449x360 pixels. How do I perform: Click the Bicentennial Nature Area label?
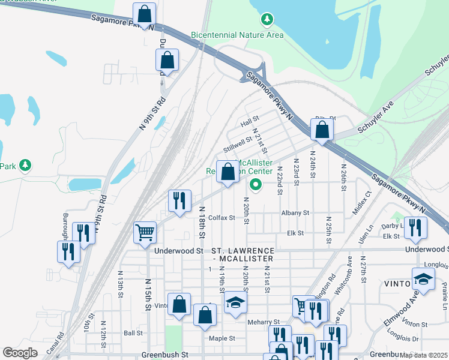tap(237, 35)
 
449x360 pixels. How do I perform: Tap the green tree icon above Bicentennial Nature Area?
tap(267, 21)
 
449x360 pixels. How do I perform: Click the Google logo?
tap(20, 353)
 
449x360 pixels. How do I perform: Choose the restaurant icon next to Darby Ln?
tap(415, 227)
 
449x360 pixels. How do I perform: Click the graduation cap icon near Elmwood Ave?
tap(423, 279)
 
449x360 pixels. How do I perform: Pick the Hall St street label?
tap(249, 122)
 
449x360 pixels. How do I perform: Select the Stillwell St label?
tap(237, 144)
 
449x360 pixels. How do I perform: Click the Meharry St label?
tap(264, 322)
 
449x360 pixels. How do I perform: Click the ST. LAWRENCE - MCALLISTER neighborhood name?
tap(243, 254)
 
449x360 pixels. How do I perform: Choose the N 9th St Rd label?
tap(152, 114)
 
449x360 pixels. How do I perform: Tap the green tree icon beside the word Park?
tap(25, 165)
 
